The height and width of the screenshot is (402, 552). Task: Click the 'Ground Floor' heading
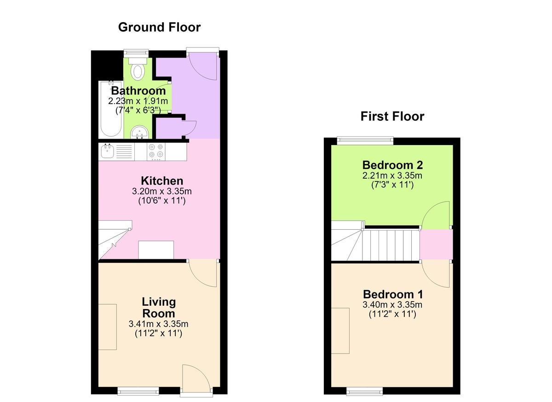coord(159,27)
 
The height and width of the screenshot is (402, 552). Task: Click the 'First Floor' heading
coord(392,117)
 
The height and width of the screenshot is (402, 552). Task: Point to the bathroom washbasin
coord(140,132)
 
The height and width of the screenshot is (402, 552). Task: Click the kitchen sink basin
coord(107,151)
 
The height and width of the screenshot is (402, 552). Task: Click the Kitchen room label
coord(162,181)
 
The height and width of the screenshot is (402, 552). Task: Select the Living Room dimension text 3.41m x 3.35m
coord(158,324)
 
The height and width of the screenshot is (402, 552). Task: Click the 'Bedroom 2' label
coord(392,165)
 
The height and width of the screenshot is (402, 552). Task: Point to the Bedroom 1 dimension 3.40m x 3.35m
coord(392,304)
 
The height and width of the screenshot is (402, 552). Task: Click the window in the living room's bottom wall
coord(138,391)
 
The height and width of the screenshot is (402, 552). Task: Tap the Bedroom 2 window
coord(365,140)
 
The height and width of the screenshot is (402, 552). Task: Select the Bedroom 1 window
coord(365,391)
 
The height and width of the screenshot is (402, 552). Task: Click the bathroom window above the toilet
coord(136,53)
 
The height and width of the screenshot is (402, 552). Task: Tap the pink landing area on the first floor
coord(436,244)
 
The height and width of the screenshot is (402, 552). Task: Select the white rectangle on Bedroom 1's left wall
coord(340,331)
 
